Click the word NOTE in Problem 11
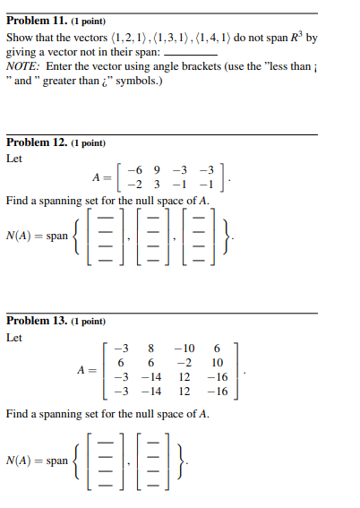[x=21, y=66]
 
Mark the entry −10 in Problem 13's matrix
[x=185, y=348]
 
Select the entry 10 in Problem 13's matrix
[x=217, y=362]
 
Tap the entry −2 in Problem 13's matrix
[x=185, y=362]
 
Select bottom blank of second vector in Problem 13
[x=150, y=478]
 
